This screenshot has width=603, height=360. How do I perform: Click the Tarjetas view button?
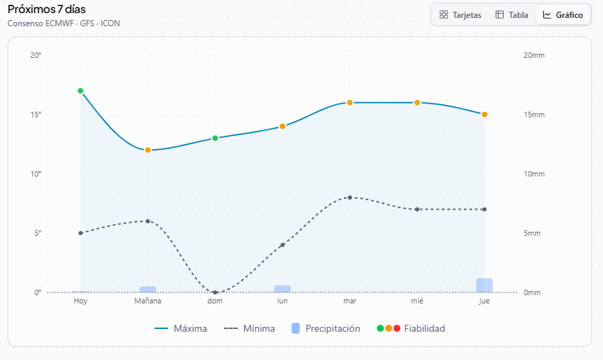click(x=460, y=14)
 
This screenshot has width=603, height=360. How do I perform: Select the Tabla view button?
click(x=512, y=14)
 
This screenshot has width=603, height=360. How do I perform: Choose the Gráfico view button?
click(x=562, y=14)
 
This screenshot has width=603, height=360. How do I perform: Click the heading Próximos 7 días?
click(x=47, y=9)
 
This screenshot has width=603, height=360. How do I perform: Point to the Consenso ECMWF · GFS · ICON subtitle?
click(x=63, y=23)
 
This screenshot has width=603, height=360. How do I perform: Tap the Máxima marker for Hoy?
click(x=81, y=91)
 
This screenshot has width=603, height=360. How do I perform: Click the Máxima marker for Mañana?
click(x=148, y=150)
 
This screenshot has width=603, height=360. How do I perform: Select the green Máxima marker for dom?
click(x=215, y=138)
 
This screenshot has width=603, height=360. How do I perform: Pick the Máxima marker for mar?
click(x=350, y=103)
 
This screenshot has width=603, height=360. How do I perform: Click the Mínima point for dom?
click(x=215, y=292)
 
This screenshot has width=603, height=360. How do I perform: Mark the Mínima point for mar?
click(x=350, y=197)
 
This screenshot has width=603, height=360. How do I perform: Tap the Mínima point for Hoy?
click(x=81, y=233)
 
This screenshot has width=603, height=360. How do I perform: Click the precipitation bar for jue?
click(x=484, y=285)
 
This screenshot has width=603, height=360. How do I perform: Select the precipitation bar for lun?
click(x=283, y=288)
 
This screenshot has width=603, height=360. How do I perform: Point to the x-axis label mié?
click(x=417, y=301)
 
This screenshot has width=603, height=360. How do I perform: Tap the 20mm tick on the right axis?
click(x=534, y=55)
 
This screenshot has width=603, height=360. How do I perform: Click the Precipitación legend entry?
click(x=325, y=328)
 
